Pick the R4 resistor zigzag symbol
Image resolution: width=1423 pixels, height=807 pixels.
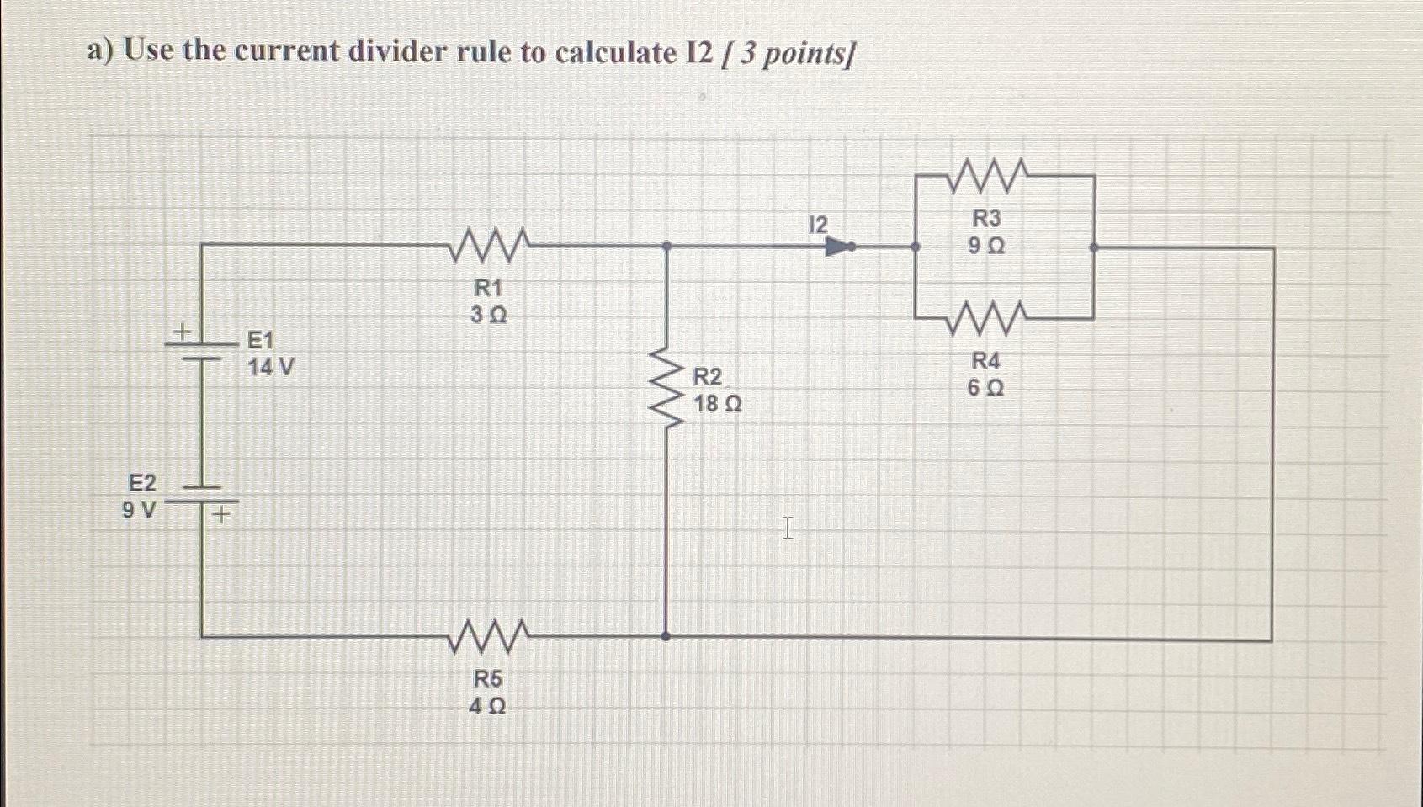coord(986,317)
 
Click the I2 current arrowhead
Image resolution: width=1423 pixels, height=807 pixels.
coord(840,247)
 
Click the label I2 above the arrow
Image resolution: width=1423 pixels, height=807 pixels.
coord(817,225)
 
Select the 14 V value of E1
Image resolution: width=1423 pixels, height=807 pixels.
coord(270,368)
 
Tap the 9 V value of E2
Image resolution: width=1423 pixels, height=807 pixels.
coord(139,510)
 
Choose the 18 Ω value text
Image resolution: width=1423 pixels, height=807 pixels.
coord(717,405)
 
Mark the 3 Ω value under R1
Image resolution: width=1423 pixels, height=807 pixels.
coord(488,316)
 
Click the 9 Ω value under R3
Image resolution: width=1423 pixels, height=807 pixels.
coord(986,247)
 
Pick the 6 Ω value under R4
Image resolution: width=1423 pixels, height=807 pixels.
coord(985,389)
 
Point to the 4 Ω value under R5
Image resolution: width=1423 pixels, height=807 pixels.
coord(487,707)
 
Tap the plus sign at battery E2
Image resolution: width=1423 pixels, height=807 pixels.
coord(220,513)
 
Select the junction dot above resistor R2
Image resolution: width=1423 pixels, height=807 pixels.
coord(666,246)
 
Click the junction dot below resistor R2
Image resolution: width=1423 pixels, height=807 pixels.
coord(666,637)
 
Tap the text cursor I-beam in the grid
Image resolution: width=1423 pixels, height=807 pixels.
coord(788,528)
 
